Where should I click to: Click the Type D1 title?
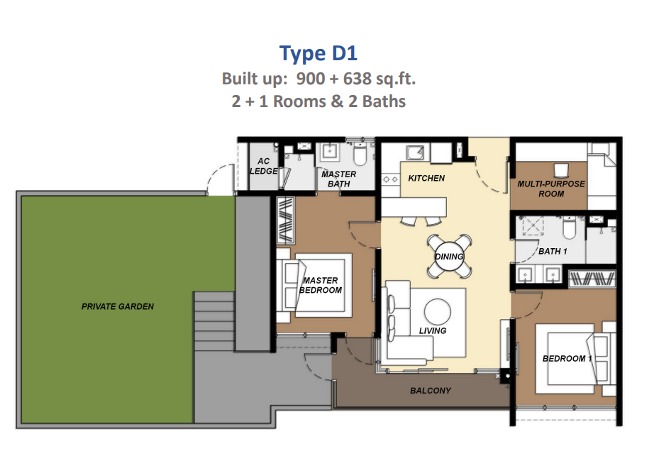point(318,53)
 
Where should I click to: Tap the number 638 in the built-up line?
point(357,79)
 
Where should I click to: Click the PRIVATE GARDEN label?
point(118,307)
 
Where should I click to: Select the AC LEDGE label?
point(264,166)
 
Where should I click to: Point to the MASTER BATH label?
point(338,179)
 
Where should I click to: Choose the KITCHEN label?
point(426,179)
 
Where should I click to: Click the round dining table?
point(449,257)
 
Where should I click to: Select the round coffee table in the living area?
point(438,312)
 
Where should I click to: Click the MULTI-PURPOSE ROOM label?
point(551,189)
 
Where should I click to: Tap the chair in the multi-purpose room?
point(561,170)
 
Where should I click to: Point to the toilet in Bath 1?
point(569,228)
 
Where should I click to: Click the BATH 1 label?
point(553,251)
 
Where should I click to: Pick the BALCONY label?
point(431,391)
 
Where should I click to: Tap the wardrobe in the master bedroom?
point(286,220)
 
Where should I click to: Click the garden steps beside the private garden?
point(214,321)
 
